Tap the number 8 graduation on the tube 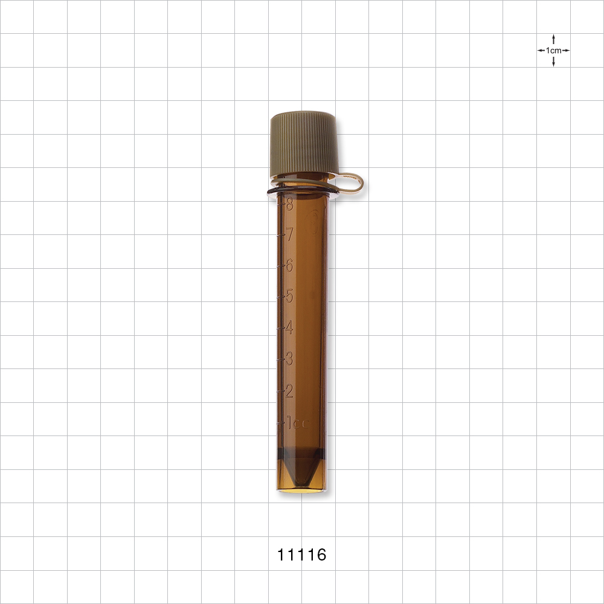289,204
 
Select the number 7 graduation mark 289,234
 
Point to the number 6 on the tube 289,265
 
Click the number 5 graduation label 289,296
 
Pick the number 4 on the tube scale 289,328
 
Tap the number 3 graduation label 289,359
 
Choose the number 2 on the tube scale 289,391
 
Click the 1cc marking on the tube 297,422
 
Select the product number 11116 302,554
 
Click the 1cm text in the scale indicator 553,51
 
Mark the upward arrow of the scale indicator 553,39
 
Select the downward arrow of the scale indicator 553,63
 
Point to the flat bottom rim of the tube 302,490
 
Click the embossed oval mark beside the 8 313,222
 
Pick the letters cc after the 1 302,423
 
